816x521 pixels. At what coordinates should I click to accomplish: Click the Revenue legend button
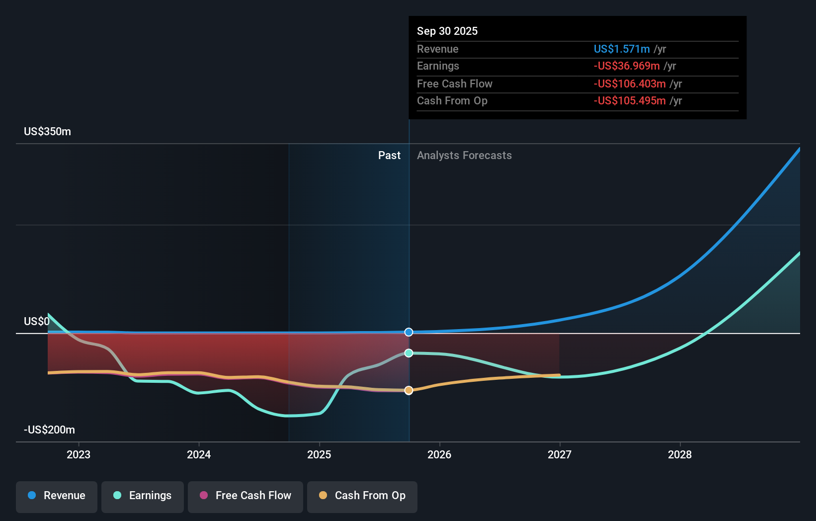(x=57, y=496)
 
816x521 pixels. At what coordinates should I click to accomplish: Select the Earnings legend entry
(x=143, y=496)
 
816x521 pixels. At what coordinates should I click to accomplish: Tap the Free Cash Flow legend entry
(x=245, y=496)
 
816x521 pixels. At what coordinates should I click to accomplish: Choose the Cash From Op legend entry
(x=362, y=496)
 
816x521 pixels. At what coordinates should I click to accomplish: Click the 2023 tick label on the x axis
(x=79, y=455)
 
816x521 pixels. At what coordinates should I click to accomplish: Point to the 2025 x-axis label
(x=319, y=455)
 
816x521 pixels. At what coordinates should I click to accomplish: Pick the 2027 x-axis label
(x=560, y=455)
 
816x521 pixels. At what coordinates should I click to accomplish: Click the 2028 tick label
(x=680, y=455)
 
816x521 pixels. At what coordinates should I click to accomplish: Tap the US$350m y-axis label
(x=48, y=132)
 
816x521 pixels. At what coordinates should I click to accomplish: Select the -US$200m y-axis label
(x=49, y=430)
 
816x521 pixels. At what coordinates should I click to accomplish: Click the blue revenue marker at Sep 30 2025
(x=408, y=332)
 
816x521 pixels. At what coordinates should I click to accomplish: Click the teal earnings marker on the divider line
(x=408, y=353)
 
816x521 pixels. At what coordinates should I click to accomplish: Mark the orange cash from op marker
(x=408, y=390)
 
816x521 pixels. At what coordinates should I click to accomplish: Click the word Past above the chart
(x=389, y=156)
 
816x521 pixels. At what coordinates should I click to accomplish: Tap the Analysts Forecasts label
(x=464, y=156)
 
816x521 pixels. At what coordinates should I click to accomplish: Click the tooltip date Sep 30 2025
(x=447, y=31)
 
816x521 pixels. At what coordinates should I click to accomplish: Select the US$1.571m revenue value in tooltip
(x=622, y=49)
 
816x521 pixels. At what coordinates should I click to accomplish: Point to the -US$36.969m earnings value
(x=627, y=66)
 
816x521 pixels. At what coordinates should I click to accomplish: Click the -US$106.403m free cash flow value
(x=630, y=84)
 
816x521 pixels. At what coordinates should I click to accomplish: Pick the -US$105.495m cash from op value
(x=630, y=101)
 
